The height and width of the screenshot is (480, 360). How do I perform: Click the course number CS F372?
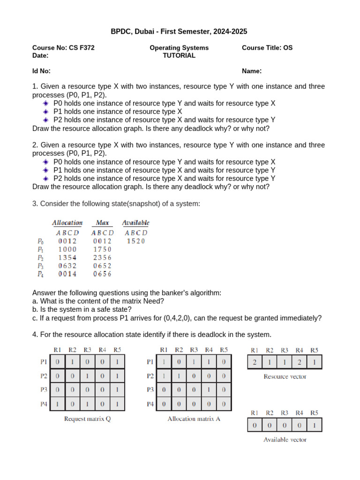point(82,48)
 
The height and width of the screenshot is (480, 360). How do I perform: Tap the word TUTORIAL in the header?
point(179,55)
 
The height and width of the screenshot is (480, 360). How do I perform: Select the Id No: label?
point(41,71)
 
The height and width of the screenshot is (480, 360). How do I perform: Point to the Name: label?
point(252,71)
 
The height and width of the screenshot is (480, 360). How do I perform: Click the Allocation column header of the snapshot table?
point(67,223)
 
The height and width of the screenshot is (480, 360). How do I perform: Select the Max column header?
point(102,223)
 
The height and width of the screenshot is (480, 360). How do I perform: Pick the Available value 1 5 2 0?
point(136,241)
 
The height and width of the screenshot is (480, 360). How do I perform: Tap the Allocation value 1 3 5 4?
point(67,258)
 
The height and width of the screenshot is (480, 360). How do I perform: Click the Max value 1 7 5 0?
point(102,250)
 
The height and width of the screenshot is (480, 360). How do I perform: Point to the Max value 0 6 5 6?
point(102,274)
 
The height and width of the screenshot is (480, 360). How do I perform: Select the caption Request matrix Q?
point(87,419)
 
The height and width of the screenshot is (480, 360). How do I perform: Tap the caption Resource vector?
point(285,376)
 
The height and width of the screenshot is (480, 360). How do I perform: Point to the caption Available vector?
point(285,440)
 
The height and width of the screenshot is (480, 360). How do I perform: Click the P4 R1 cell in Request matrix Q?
point(57,404)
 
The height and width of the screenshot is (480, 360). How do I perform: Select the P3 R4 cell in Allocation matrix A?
point(209,390)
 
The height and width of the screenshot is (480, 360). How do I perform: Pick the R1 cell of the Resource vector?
point(255,362)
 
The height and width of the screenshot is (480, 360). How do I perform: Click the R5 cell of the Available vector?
point(315,425)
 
